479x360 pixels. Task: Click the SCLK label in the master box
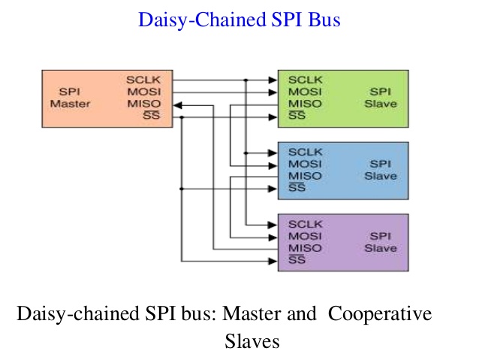[143, 80]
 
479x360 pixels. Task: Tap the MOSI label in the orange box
[144, 92]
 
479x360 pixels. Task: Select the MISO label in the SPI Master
[144, 104]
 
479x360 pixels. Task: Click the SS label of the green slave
[297, 115]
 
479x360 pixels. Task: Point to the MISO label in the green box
[305, 104]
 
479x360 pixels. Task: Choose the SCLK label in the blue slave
[306, 152]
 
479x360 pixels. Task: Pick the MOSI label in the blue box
[305, 164]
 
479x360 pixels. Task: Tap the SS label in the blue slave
[297, 187]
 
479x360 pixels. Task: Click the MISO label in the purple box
[305, 248]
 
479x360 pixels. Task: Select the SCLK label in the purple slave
[306, 224]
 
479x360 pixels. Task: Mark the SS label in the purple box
[297, 260]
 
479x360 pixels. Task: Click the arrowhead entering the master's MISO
[178, 105]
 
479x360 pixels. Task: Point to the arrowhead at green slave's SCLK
[273, 80]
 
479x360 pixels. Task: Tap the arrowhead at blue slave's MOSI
[273, 166]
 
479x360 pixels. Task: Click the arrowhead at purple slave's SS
[273, 262]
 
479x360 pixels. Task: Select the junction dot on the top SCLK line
[246, 80]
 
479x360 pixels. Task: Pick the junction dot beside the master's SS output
[182, 117]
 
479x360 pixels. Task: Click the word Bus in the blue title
[324, 20]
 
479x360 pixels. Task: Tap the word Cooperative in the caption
[380, 314]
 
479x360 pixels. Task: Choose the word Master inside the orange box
[70, 104]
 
